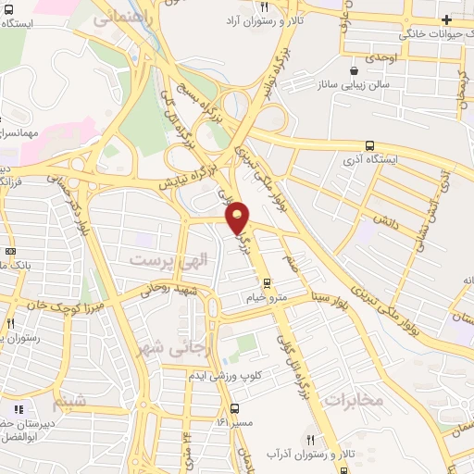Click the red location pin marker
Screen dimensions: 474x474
[x=238, y=218]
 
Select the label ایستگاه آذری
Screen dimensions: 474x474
[x=370, y=159]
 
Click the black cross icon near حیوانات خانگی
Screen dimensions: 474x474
[x=447, y=19]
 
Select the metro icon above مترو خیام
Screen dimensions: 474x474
[x=267, y=283]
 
